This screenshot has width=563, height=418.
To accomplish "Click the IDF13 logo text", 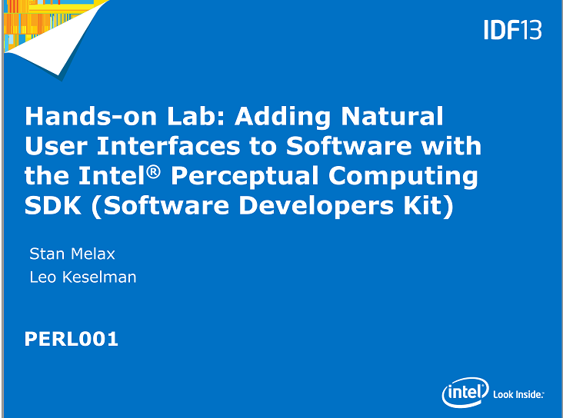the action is [513, 30].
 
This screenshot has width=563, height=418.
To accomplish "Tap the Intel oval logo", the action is [465, 393].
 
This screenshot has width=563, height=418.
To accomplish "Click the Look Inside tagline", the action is [518, 395].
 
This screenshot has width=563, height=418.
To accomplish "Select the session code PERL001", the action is [71, 339].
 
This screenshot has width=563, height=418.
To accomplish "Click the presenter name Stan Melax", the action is [72, 254].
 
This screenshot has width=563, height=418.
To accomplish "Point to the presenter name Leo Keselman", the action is [83, 277].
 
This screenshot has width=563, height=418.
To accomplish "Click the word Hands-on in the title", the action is [91, 116].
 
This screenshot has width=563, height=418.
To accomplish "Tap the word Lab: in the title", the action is [196, 116].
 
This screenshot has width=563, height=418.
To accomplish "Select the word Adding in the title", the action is [282, 118].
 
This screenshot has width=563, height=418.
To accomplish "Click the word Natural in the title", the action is [392, 116].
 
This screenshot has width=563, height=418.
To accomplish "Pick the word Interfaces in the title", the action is [168, 146].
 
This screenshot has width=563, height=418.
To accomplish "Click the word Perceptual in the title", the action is [245, 177].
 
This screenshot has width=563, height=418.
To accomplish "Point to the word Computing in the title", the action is [403, 177].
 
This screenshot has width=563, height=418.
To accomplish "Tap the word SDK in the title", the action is [53, 206].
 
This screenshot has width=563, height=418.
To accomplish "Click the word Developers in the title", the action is [316, 207].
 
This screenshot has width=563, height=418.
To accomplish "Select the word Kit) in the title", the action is [428, 206].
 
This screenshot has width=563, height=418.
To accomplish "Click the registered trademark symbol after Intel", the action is [153, 172].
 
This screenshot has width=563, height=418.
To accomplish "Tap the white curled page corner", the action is [58, 39].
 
